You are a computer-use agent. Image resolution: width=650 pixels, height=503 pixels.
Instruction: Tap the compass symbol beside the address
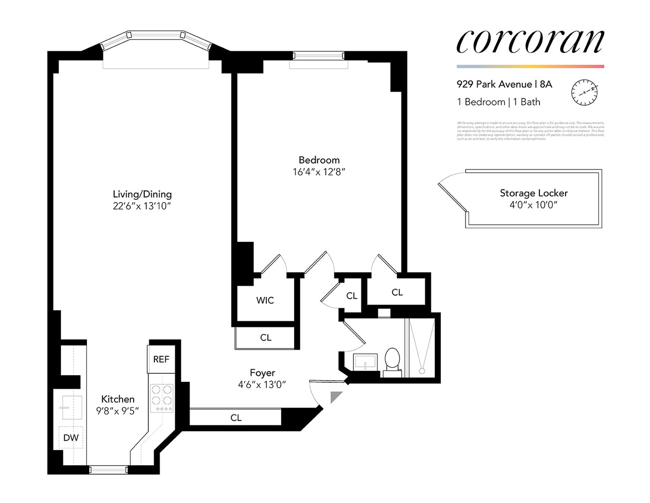[584, 92]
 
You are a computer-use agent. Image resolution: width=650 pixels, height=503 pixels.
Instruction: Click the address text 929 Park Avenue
[494, 85]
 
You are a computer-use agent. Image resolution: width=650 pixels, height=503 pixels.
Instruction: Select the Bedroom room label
[319, 160]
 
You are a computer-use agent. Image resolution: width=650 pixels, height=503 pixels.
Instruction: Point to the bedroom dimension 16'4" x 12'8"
[319, 172]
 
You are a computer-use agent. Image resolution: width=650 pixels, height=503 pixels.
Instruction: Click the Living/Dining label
[142, 194]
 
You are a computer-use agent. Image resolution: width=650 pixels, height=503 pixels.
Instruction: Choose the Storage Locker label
[533, 193]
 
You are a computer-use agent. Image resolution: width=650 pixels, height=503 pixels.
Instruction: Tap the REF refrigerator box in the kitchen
[161, 359]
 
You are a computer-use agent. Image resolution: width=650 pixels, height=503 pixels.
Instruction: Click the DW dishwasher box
[71, 438]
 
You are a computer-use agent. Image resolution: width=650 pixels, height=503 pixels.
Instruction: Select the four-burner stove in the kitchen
[161, 397]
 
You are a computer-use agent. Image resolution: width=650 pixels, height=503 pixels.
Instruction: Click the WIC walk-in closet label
[265, 300]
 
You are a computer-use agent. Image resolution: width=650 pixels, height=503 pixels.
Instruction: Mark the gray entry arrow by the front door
[335, 397]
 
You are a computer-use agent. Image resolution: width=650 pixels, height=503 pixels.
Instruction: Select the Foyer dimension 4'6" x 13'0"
[262, 385]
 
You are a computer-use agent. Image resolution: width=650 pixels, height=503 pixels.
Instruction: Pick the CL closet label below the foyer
[236, 417]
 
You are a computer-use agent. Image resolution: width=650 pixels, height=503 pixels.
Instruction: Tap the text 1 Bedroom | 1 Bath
[498, 102]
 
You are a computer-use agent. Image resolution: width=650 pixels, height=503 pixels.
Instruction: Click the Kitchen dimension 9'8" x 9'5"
[118, 410]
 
